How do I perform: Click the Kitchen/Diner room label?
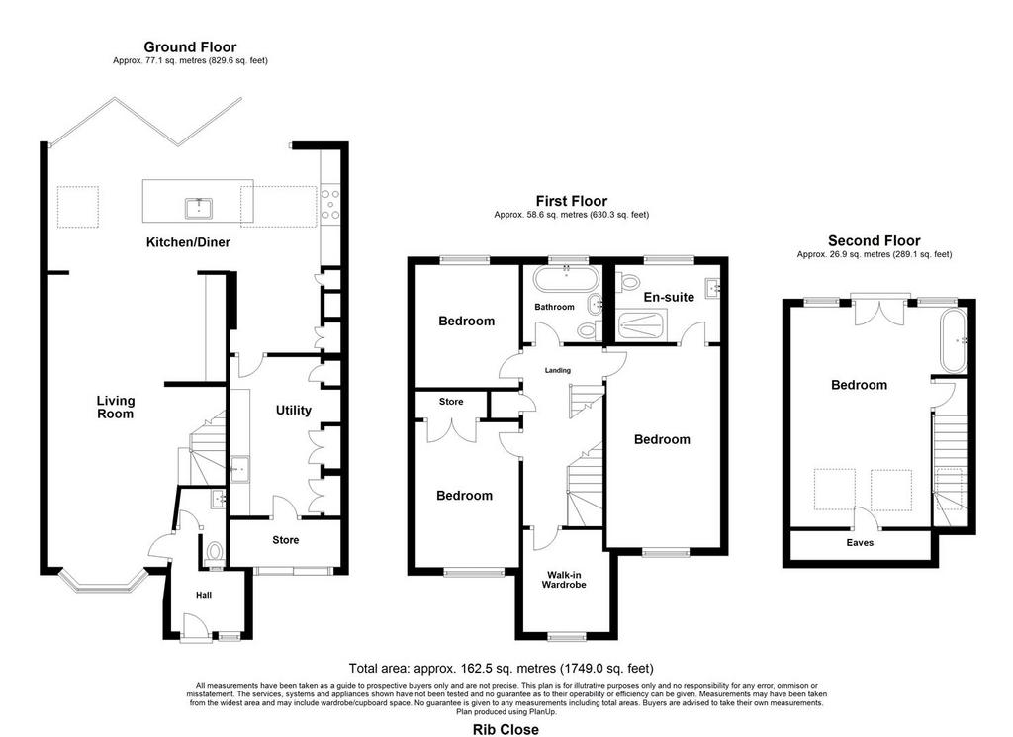tap(188, 243)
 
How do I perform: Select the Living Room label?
tap(115, 408)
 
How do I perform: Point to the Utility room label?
tap(293, 411)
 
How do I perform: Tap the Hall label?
tap(204, 595)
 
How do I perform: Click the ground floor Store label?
tap(286, 540)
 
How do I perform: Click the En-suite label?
tap(669, 297)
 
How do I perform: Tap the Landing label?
tap(558, 371)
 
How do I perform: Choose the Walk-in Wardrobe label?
tap(564, 580)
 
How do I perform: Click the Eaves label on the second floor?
tap(860, 543)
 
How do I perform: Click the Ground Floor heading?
tap(190, 47)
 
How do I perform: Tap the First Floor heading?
tap(572, 201)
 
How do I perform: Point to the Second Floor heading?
tap(875, 241)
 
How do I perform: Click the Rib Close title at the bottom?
tap(506, 730)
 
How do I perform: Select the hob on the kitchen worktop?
tap(330, 204)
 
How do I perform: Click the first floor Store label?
tap(451, 402)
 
